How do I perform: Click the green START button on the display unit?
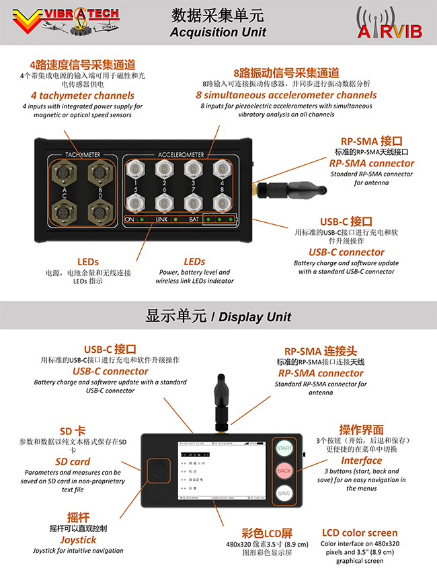point(284,448)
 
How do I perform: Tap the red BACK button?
point(284,471)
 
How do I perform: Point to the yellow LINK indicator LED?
point(175,219)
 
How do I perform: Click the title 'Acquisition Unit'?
point(218,32)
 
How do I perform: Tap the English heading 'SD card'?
point(72,462)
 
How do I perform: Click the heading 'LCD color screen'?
point(359,533)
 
